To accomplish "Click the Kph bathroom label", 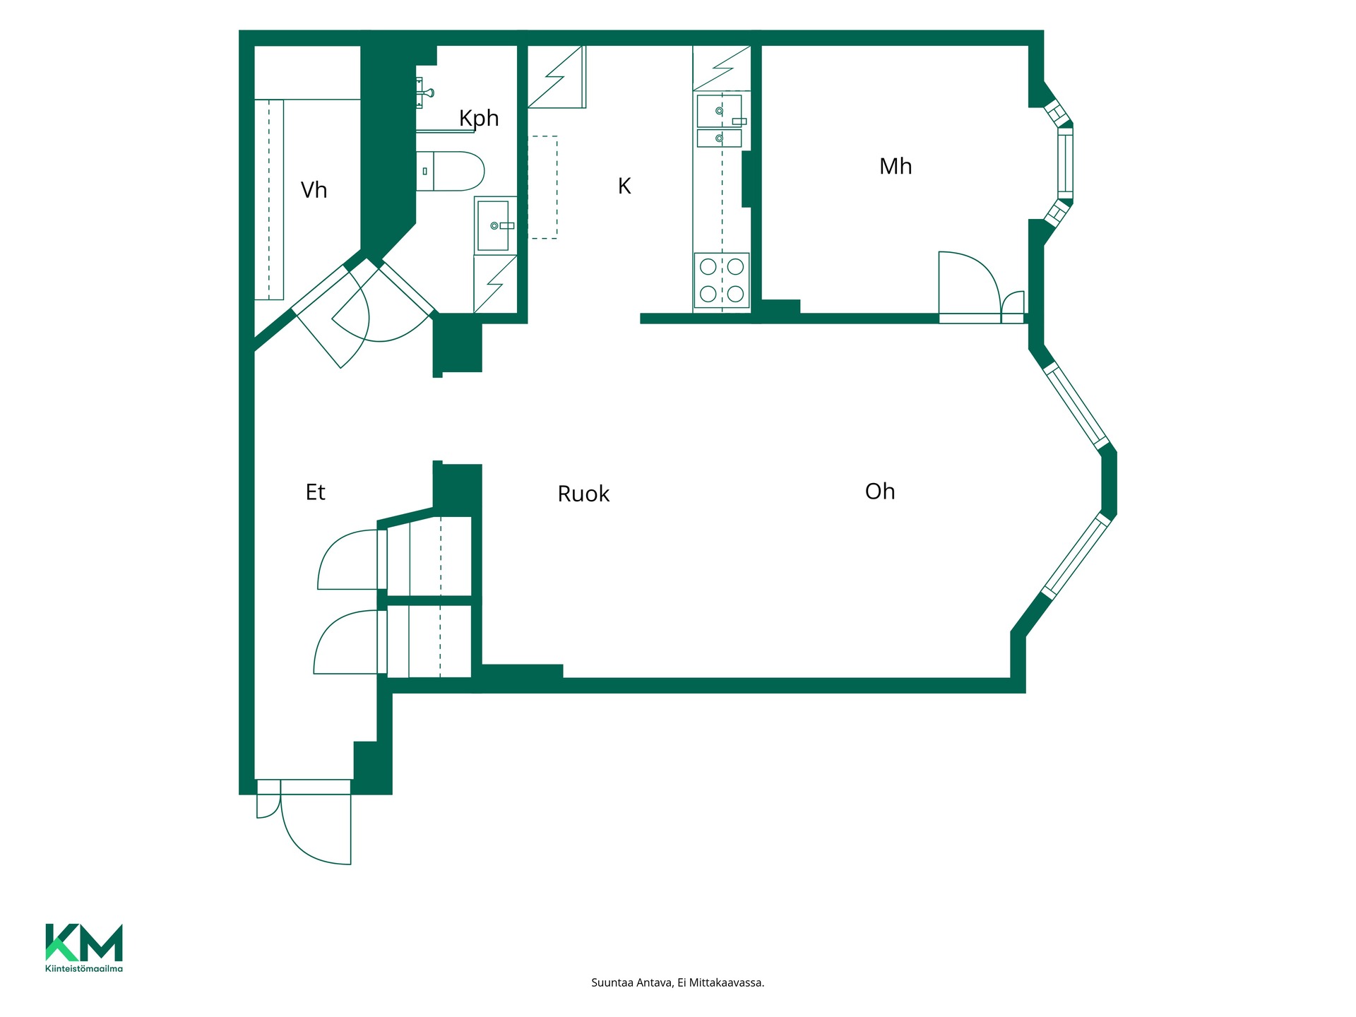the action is (x=479, y=119).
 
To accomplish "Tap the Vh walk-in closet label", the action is (x=314, y=190).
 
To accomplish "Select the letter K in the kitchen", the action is (x=624, y=186).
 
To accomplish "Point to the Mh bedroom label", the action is (x=896, y=166).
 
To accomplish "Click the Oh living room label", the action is (x=880, y=491).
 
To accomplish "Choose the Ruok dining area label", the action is (x=583, y=494).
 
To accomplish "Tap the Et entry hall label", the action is (x=315, y=492).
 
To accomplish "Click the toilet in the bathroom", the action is (x=450, y=171).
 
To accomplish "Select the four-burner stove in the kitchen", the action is (x=722, y=280).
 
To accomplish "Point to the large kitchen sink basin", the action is (x=719, y=111).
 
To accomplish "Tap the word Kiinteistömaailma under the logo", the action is (x=84, y=968).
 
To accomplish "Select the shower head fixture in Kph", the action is (x=425, y=93).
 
